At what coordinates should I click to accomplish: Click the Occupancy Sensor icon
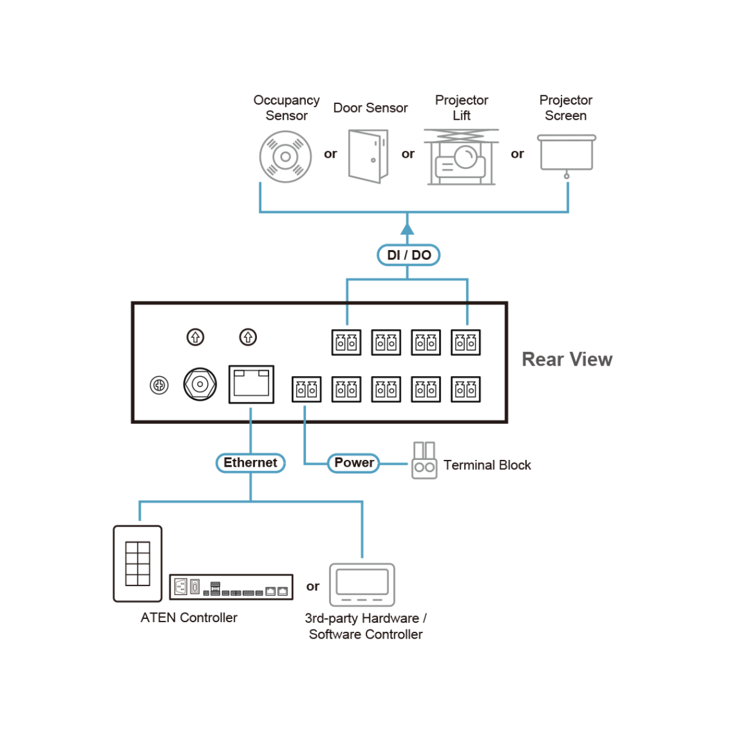click(x=286, y=157)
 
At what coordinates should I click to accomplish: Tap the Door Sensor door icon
click(x=368, y=156)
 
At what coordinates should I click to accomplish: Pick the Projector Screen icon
click(x=566, y=154)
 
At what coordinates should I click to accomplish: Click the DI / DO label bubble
click(x=409, y=255)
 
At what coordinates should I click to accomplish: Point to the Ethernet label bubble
click(x=251, y=463)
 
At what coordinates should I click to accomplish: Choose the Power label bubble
click(x=354, y=463)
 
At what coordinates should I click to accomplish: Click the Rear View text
click(x=567, y=359)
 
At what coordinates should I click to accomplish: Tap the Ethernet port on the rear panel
click(x=251, y=384)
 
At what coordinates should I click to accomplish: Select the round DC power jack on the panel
click(x=200, y=384)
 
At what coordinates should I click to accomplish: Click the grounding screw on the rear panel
click(x=159, y=385)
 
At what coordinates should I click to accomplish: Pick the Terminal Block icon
click(x=424, y=461)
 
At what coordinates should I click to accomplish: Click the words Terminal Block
click(x=487, y=465)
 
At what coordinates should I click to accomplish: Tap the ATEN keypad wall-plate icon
click(x=138, y=563)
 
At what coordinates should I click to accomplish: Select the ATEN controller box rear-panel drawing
click(x=231, y=587)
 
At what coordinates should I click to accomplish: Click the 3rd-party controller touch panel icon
click(x=362, y=584)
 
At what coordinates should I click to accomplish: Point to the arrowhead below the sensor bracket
click(x=407, y=229)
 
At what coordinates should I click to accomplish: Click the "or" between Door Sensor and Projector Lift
click(x=408, y=154)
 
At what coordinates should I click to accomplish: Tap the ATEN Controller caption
click(x=189, y=618)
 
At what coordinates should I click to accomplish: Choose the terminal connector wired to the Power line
click(x=306, y=390)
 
